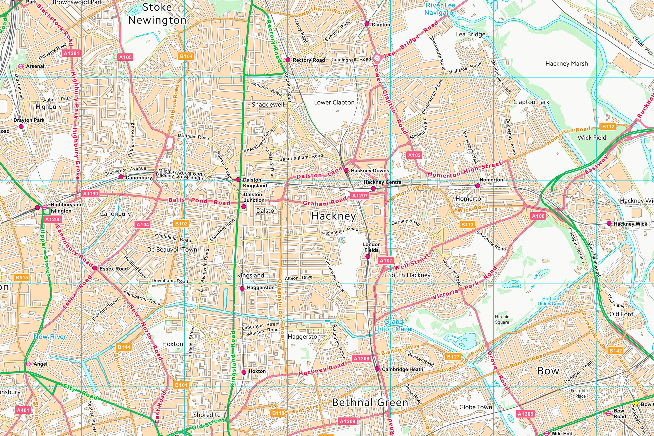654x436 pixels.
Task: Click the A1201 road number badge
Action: pos(72,53)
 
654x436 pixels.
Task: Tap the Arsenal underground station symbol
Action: pos(20,66)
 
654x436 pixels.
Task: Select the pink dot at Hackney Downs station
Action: pos(346,170)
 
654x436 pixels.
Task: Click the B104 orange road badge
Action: pos(186,56)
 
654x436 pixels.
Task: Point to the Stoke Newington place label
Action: pos(157,14)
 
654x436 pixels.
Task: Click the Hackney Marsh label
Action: pos(566,64)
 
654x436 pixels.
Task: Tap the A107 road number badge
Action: pos(386,261)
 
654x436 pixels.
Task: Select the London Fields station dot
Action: pos(368,256)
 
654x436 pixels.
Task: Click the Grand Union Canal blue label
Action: pos(393,325)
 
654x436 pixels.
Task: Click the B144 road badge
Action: pos(124,347)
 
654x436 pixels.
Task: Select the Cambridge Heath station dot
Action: pos(377,369)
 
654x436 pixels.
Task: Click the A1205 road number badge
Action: pos(525,414)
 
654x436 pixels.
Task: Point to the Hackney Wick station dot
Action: pos(609,223)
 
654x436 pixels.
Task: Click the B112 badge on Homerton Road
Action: pos(608,126)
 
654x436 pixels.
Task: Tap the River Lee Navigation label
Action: pos(440,9)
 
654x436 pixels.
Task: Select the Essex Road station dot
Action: pos(95,268)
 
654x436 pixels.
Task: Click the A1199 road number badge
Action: pos(91,194)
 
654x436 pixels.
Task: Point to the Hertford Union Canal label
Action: pos(551,301)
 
